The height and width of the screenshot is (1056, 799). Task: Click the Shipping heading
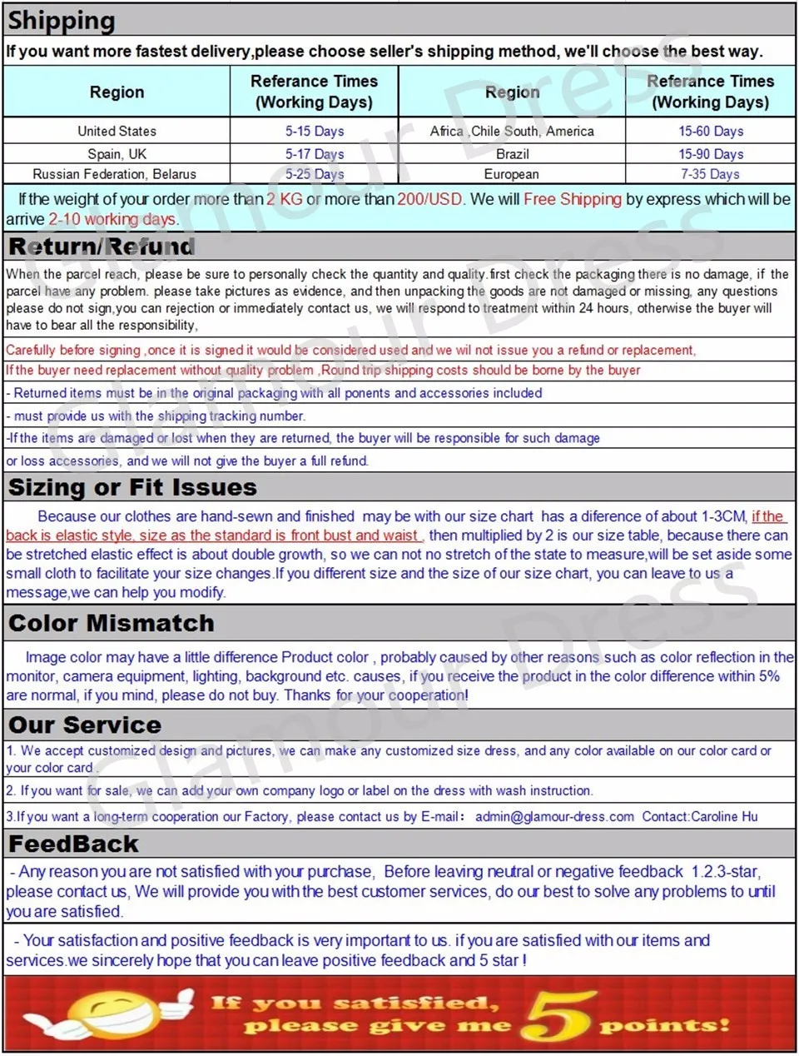62,20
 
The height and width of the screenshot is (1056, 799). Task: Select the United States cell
117,131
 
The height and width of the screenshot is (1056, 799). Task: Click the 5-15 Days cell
315,131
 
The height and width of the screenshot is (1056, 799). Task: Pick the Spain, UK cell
117,153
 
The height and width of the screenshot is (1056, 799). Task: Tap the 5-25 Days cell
315,174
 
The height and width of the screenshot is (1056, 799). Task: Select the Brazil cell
512,153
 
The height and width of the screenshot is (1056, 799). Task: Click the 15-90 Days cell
711,153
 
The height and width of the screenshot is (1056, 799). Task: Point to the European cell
512,174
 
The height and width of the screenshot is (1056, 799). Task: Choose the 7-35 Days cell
711,174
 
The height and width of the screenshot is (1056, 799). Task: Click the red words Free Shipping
573,199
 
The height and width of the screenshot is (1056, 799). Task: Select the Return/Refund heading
102,247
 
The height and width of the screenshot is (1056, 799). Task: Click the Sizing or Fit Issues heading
132,487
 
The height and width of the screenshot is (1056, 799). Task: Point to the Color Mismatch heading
112,623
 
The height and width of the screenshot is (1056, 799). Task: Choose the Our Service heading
85,725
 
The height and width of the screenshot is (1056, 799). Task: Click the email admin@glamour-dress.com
554,816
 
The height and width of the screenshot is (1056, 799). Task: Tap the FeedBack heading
73,844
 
